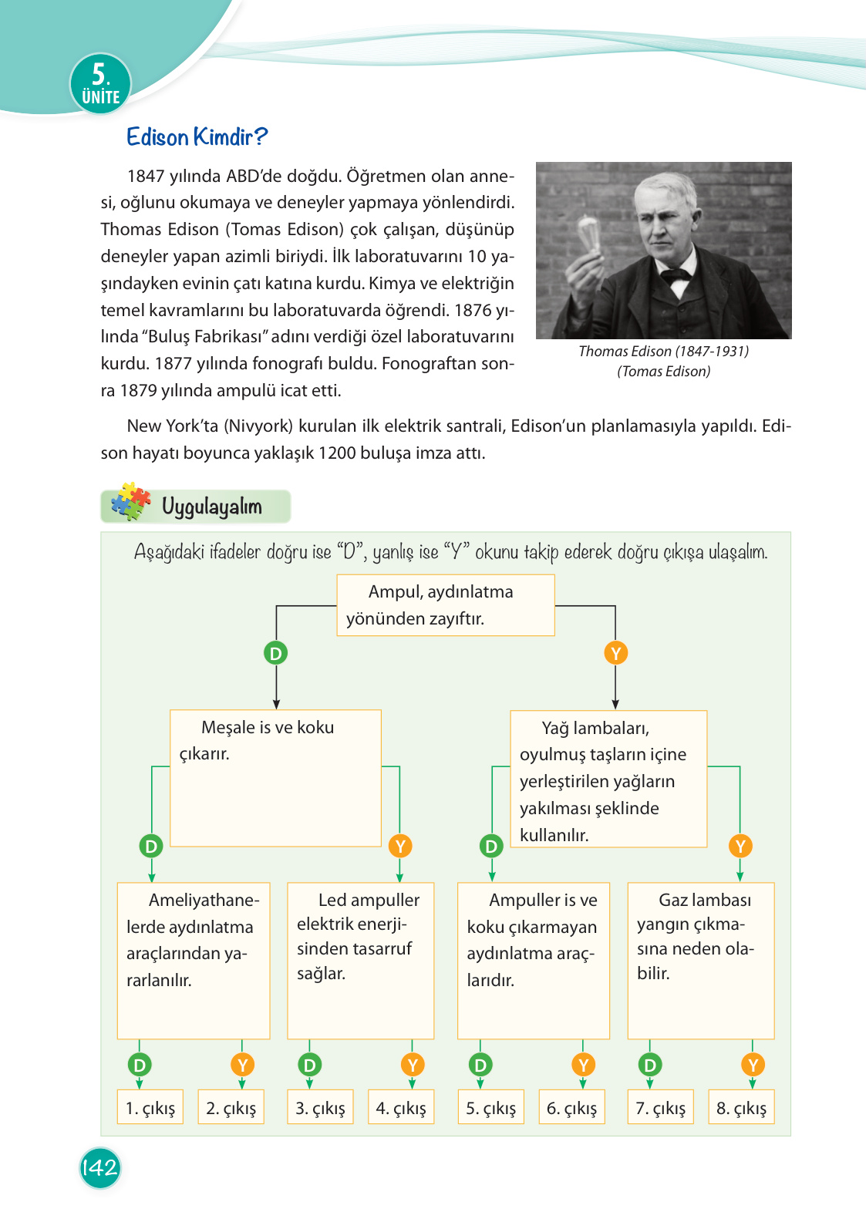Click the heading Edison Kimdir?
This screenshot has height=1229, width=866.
197,137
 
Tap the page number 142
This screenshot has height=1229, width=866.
100,1167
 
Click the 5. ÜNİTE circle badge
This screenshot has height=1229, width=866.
101,84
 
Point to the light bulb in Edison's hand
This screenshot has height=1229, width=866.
591,234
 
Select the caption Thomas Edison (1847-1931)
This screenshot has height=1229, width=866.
663,352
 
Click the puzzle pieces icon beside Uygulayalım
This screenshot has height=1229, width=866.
130,503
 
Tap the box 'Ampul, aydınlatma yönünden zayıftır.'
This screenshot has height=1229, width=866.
445,605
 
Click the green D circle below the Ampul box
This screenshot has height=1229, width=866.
276,653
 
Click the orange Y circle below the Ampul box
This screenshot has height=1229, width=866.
615,653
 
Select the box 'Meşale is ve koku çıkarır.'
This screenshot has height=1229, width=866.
275,777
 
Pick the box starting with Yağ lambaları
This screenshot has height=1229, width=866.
608,779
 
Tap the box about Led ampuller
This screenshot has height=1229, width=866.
360,960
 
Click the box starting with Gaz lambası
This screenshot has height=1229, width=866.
700,960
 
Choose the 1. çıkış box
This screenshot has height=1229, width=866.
150,1107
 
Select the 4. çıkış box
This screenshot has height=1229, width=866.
401,1107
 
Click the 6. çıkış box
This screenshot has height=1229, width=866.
571,1107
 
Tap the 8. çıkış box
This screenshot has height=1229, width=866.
741,1107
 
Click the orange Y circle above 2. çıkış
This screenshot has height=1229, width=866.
242,1065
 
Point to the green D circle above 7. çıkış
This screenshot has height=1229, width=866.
650,1065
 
